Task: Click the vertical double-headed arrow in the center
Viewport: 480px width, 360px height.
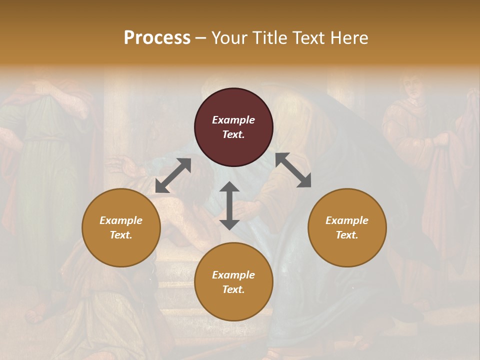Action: (x=229, y=205)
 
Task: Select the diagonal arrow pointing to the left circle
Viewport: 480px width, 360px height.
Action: (x=173, y=175)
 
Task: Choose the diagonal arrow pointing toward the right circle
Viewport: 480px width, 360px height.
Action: (x=293, y=170)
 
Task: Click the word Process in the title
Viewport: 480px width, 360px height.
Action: (x=157, y=37)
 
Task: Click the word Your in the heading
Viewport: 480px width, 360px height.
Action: (x=230, y=37)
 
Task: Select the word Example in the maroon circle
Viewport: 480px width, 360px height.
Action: (x=233, y=120)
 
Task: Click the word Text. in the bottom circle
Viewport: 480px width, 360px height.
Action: (x=233, y=289)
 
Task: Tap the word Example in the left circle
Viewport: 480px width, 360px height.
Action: (x=121, y=220)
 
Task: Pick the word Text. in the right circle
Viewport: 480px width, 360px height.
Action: (x=347, y=235)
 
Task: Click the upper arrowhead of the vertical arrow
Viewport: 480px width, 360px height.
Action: (x=229, y=186)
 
